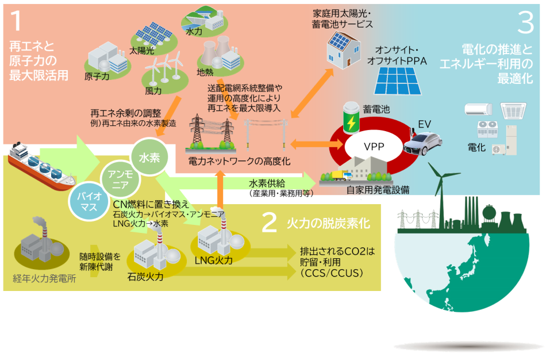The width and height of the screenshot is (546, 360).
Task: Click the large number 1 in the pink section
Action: coord(17,21)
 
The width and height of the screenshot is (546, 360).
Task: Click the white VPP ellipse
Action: coord(374,147)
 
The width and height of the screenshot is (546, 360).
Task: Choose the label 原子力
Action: coord(97,76)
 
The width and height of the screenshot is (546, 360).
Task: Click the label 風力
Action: coord(153,90)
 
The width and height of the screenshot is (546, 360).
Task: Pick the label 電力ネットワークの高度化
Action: coord(239,162)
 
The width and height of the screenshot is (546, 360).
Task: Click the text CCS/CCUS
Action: coord(332,273)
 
